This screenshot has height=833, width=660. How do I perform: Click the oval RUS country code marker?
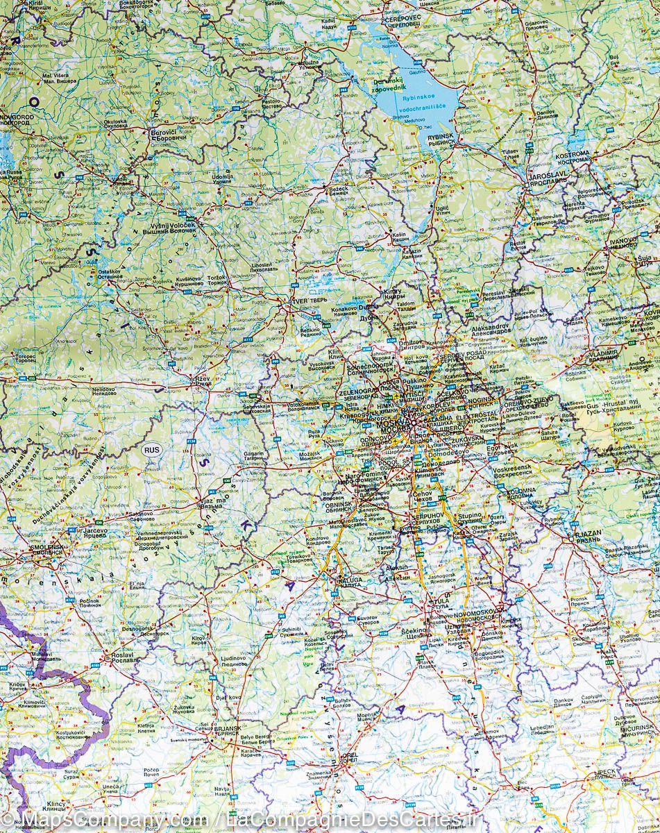(x=151, y=449)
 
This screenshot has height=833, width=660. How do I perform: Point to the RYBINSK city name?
(x=440, y=138)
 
